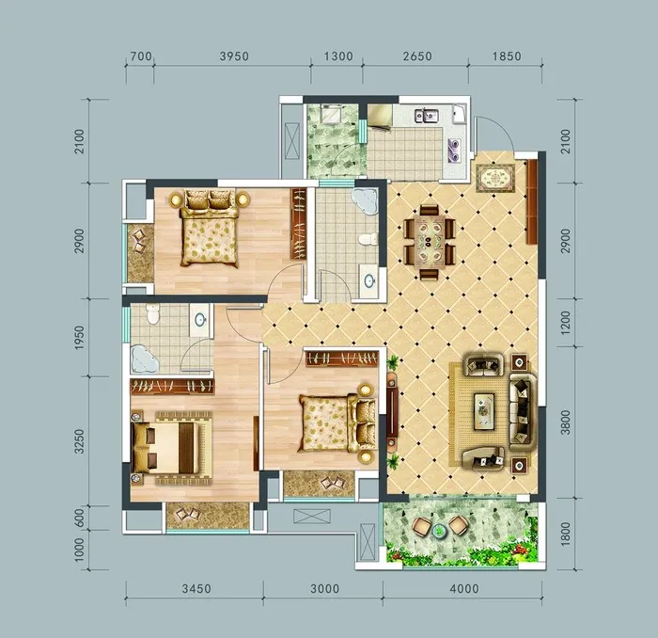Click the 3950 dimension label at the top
coord(234,56)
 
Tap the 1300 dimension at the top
coord(338,56)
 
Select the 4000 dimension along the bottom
coord(464,589)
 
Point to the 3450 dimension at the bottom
coord(196,589)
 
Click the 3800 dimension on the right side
coord(566,423)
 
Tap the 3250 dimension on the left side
coord(79,441)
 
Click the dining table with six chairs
coord(430,242)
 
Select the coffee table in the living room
coord(484,411)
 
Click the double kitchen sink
coord(427,115)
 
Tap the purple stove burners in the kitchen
coord(454,149)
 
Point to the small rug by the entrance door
coord(495,178)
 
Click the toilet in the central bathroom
coord(368,239)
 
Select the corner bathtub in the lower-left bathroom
coord(145,359)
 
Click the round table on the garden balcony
coord(439,532)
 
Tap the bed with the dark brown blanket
coord(171,448)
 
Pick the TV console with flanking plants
coord(393,410)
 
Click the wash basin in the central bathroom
coord(369,280)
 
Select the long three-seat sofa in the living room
coord(523,412)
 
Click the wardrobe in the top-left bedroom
coord(298,224)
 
